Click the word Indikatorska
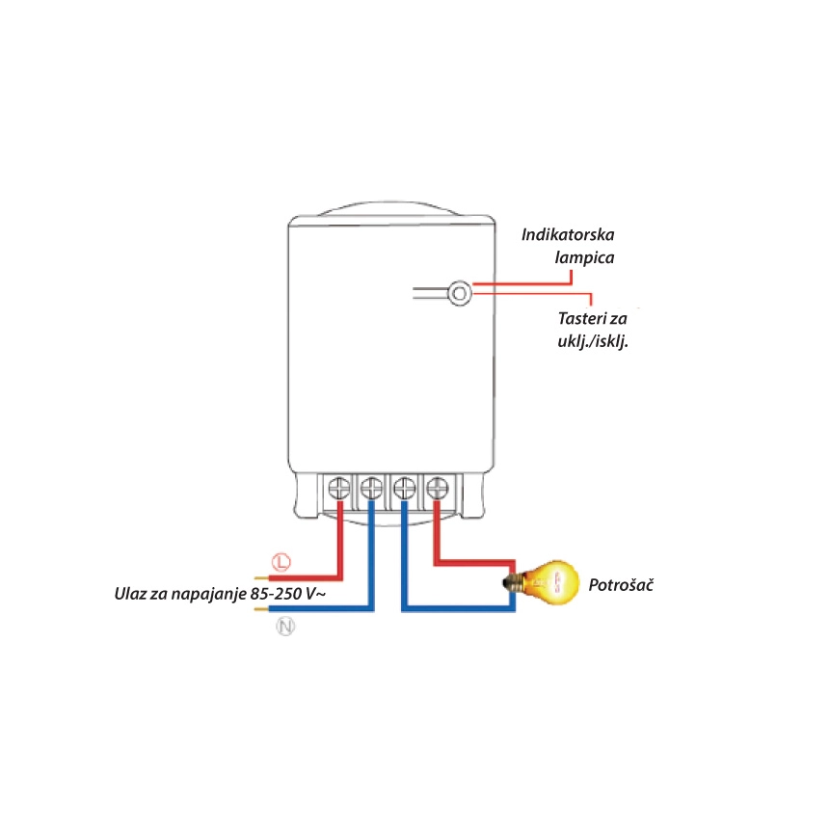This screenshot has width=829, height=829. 575,234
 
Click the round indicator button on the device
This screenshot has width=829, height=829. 460,291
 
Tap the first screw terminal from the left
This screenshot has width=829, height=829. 339,489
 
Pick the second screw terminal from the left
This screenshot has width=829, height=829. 372,489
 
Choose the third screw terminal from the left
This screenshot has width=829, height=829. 405,489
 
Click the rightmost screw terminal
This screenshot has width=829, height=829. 438,489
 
